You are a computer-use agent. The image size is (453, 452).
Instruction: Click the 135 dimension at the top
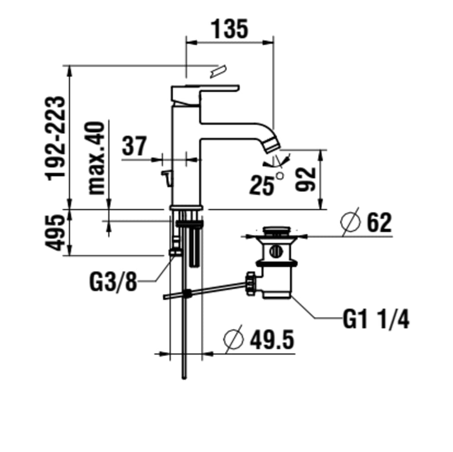coord(230,29)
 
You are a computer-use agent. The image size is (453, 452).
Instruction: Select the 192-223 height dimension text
coord(55,138)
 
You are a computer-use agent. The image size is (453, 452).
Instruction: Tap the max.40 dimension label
coord(96,158)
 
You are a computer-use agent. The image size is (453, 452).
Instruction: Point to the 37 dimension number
coord(135,146)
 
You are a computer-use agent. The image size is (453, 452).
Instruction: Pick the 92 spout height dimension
coord(305,179)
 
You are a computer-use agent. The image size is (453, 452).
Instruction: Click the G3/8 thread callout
coord(113,282)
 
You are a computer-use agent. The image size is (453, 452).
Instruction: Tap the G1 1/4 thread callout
coord(376,319)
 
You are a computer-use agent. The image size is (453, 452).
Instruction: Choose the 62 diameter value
coord(379,222)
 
